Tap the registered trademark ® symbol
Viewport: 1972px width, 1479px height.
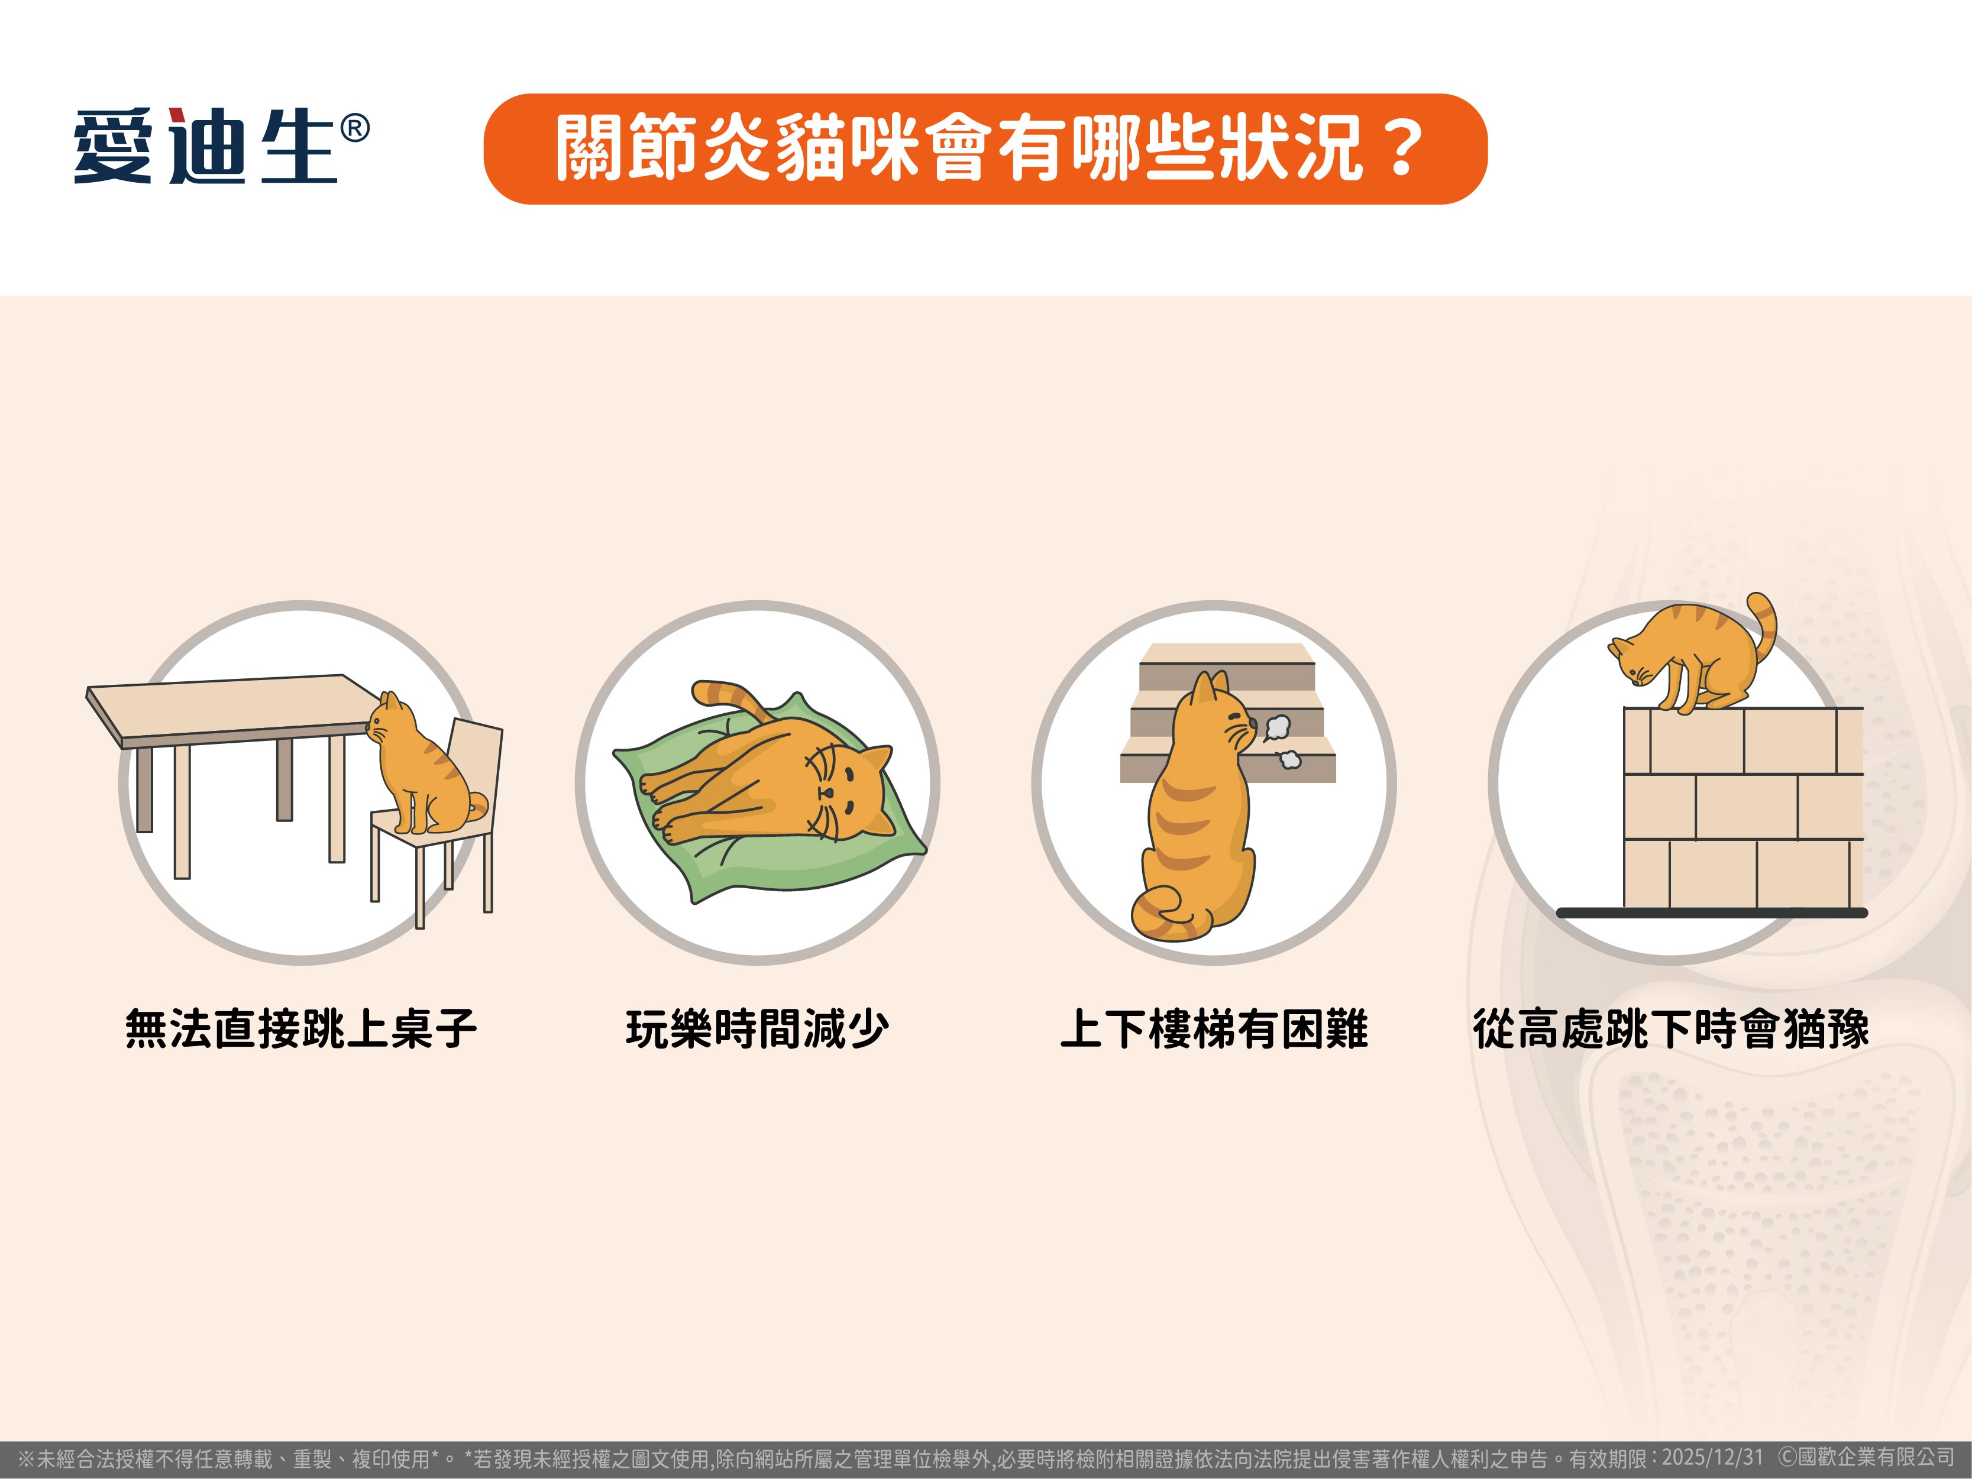pos(355,130)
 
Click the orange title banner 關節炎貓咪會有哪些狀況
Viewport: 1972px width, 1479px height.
pos(985,149)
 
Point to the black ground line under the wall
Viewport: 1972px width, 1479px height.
pos(1712,913)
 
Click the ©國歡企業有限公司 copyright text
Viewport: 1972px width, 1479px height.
pos(1866,1458)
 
